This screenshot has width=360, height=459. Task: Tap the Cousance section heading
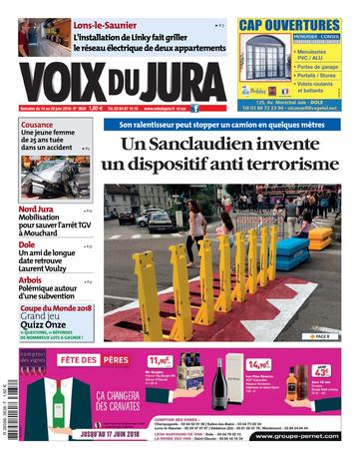36,127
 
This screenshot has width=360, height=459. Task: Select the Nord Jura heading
36,210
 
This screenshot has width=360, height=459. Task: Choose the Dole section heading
27,243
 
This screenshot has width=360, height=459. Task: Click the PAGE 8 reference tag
322,336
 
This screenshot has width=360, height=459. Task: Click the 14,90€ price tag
259,366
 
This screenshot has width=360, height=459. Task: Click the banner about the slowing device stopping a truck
221,125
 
